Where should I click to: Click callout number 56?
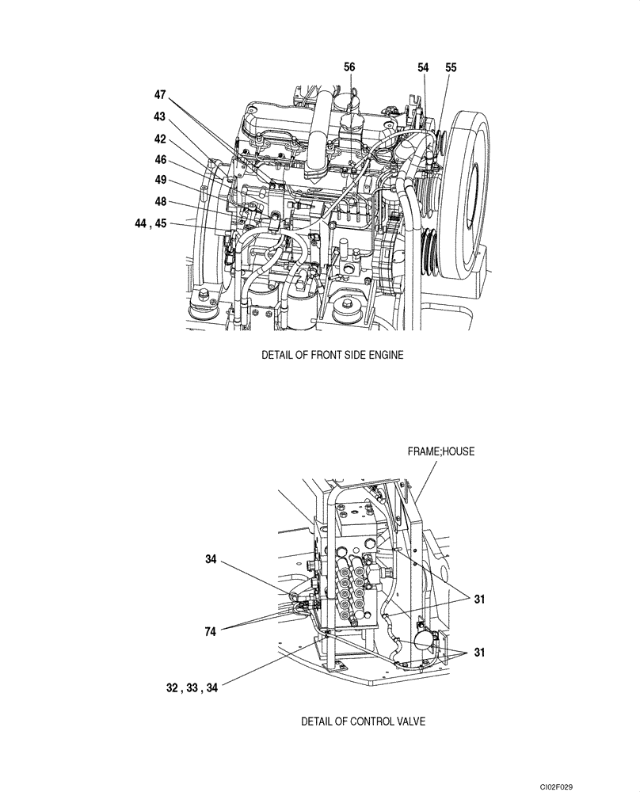349,68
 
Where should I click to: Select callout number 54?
423,68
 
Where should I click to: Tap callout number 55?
451,68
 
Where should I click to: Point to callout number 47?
160,95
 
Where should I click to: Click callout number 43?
160,116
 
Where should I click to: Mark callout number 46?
160,159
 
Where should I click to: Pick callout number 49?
160,181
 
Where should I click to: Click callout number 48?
160,202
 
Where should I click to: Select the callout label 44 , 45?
150,224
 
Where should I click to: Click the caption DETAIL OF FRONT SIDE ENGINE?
332,356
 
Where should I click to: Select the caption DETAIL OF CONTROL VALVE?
363,722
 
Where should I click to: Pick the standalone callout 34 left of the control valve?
211,559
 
